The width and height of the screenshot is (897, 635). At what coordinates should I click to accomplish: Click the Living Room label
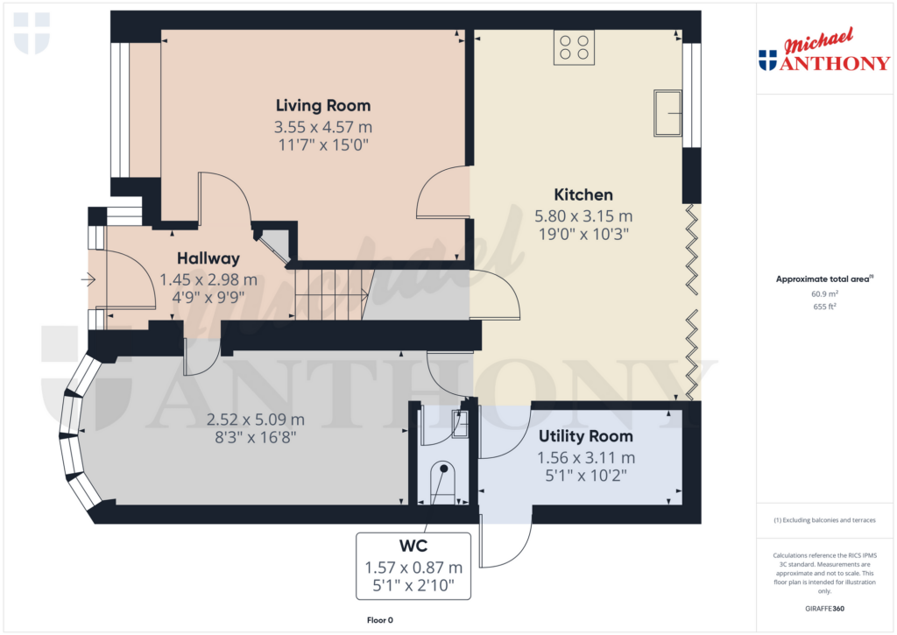coord(323,106)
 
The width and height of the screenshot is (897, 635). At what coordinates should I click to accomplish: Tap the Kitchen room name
coord(583,194)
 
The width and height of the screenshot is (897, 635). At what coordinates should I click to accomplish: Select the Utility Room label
coord(585,436)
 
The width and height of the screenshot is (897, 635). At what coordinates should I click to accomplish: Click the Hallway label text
coord(208,258)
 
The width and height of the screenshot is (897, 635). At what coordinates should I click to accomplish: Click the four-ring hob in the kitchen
coord(574,46)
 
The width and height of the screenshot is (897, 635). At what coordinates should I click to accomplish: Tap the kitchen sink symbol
coord(667,112)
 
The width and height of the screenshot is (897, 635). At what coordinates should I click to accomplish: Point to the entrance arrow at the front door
coord(88,280)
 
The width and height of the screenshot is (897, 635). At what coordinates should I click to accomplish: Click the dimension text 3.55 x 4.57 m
coord(323,127)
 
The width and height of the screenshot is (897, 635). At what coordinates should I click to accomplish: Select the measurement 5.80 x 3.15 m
coord(583,215)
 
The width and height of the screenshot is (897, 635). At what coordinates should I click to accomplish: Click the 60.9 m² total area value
coord(824,294)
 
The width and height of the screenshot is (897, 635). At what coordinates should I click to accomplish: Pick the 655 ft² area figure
coord(824,307)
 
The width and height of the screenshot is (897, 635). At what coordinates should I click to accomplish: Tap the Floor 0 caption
coord(379,620)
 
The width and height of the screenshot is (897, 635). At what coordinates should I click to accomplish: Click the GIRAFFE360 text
coord(824,609)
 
